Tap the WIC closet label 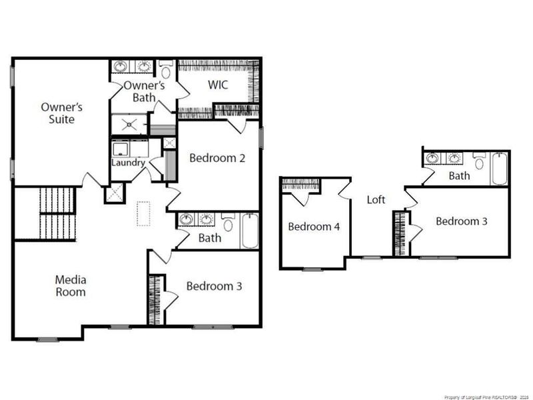[218, 85]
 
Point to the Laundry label [128, 162]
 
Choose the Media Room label [70, 285]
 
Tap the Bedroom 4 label [314, 227]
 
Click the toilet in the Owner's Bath [166, 70]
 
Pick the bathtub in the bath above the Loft [500, 168]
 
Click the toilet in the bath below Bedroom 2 [228, 223]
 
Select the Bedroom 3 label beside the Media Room [213, 286]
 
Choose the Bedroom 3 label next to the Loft [462, 221]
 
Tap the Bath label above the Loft [459, 176]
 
